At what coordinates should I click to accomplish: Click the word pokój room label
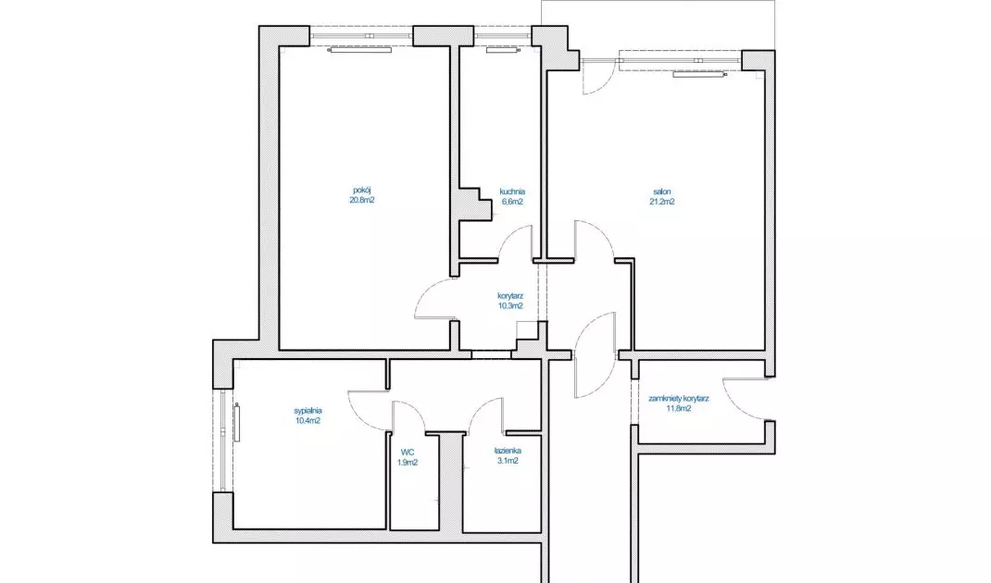pyautogui.click(x=361, y=190)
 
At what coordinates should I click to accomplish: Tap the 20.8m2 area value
pyautogui.click(x=361, y=200)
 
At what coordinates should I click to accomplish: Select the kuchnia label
pyautogui.click(x=512, y=192)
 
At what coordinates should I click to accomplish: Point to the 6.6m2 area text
pyautogui.click(x=512, y=202)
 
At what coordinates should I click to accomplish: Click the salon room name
pyautogui.click(x=661, y=192)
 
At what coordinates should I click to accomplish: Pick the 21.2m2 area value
pyautogui.click(x=661, y=202)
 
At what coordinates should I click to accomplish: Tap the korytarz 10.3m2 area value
pyautogui.click(x=510, y=306)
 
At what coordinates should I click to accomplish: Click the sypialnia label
pyautogui.click(x=307, y=411)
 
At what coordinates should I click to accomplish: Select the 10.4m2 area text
pyautogui.click(x=307, y=421)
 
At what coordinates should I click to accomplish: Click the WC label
pyautogui.click(x=407, y=453)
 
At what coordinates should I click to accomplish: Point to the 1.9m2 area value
pyautogui.click(x=407, y=463)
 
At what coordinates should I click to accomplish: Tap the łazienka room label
pyautogui.click(x=508, y=451)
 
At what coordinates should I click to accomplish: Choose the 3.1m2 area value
pyautogui.click(x=508, y=461)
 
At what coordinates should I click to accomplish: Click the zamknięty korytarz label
pyautogui.click(x=679, y=399)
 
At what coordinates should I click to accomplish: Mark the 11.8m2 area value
pyautogui.click(x=679, y=409)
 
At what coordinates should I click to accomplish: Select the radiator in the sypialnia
pyautogui.click(x=238, y=423)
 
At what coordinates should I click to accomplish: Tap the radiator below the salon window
pyautogui.click(x=699, y=75)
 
